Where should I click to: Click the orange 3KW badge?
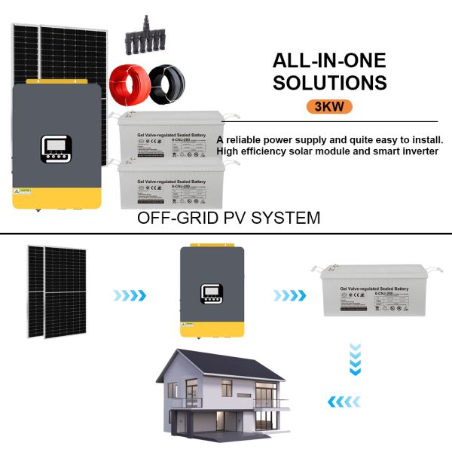point(329,105)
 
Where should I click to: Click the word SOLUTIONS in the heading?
point(329,82)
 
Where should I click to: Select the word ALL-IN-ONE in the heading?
point(329,60)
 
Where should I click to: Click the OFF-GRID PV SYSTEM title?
point(228,218)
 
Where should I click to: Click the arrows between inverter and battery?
point(289,295)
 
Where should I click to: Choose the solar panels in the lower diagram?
point(56,290)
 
